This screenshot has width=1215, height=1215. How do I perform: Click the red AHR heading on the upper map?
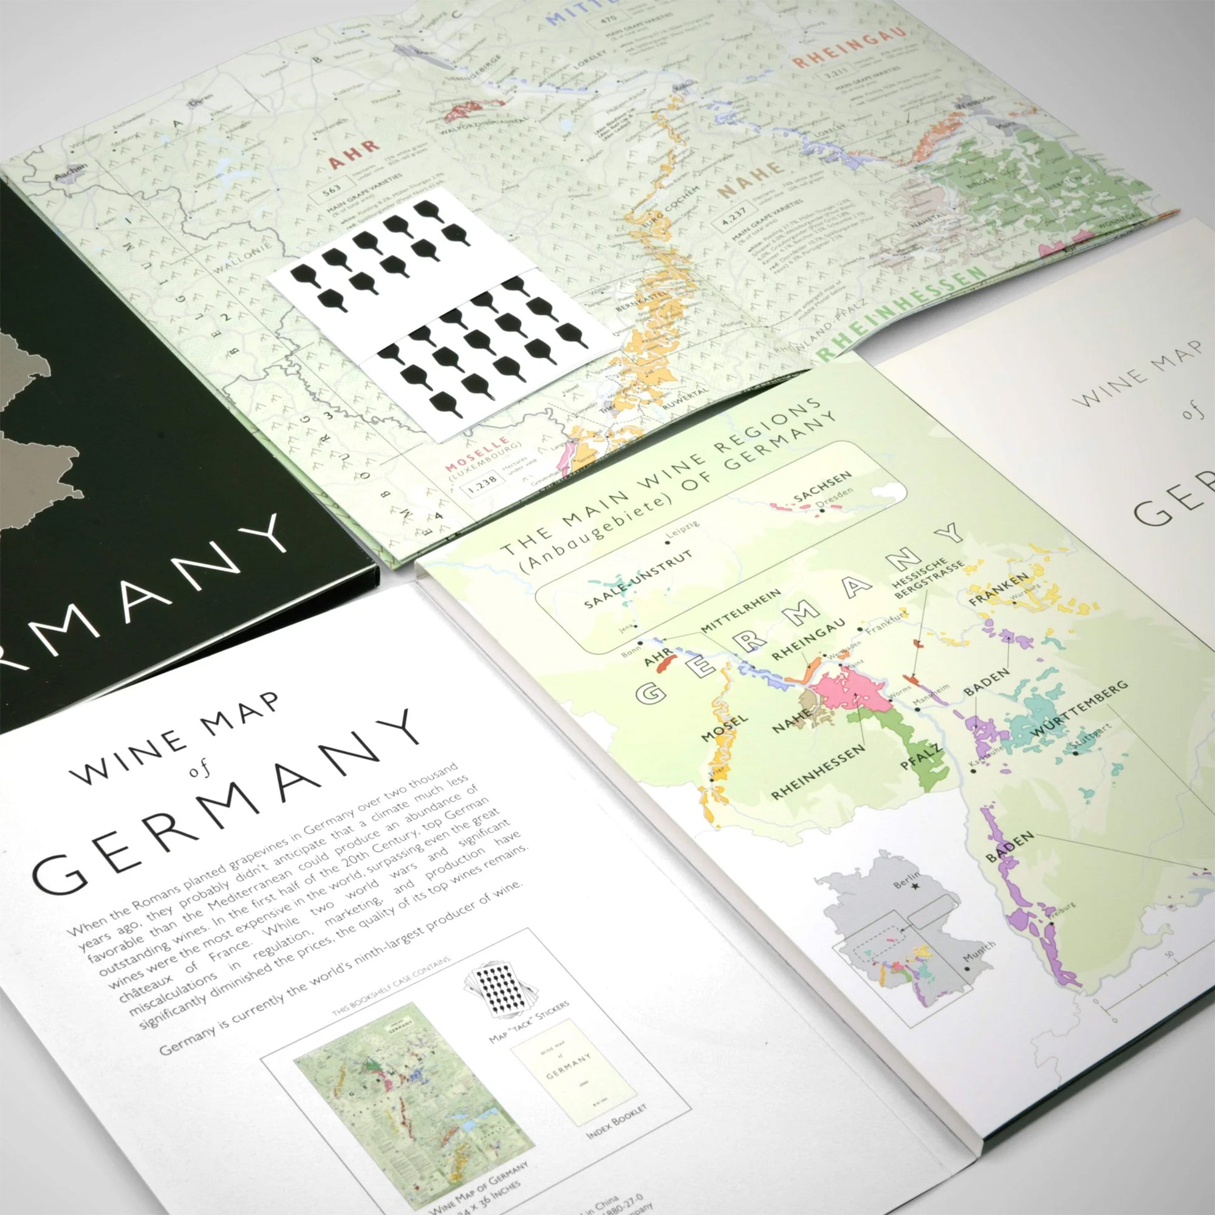tap(354, 155)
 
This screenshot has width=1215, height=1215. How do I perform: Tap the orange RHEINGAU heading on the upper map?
tap(849, 47)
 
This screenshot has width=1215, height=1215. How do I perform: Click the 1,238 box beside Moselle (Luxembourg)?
tap(483, 479)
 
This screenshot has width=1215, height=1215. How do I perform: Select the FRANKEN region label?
tap(999, 589)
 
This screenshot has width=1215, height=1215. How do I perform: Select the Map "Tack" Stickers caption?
tap(530, 1020)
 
